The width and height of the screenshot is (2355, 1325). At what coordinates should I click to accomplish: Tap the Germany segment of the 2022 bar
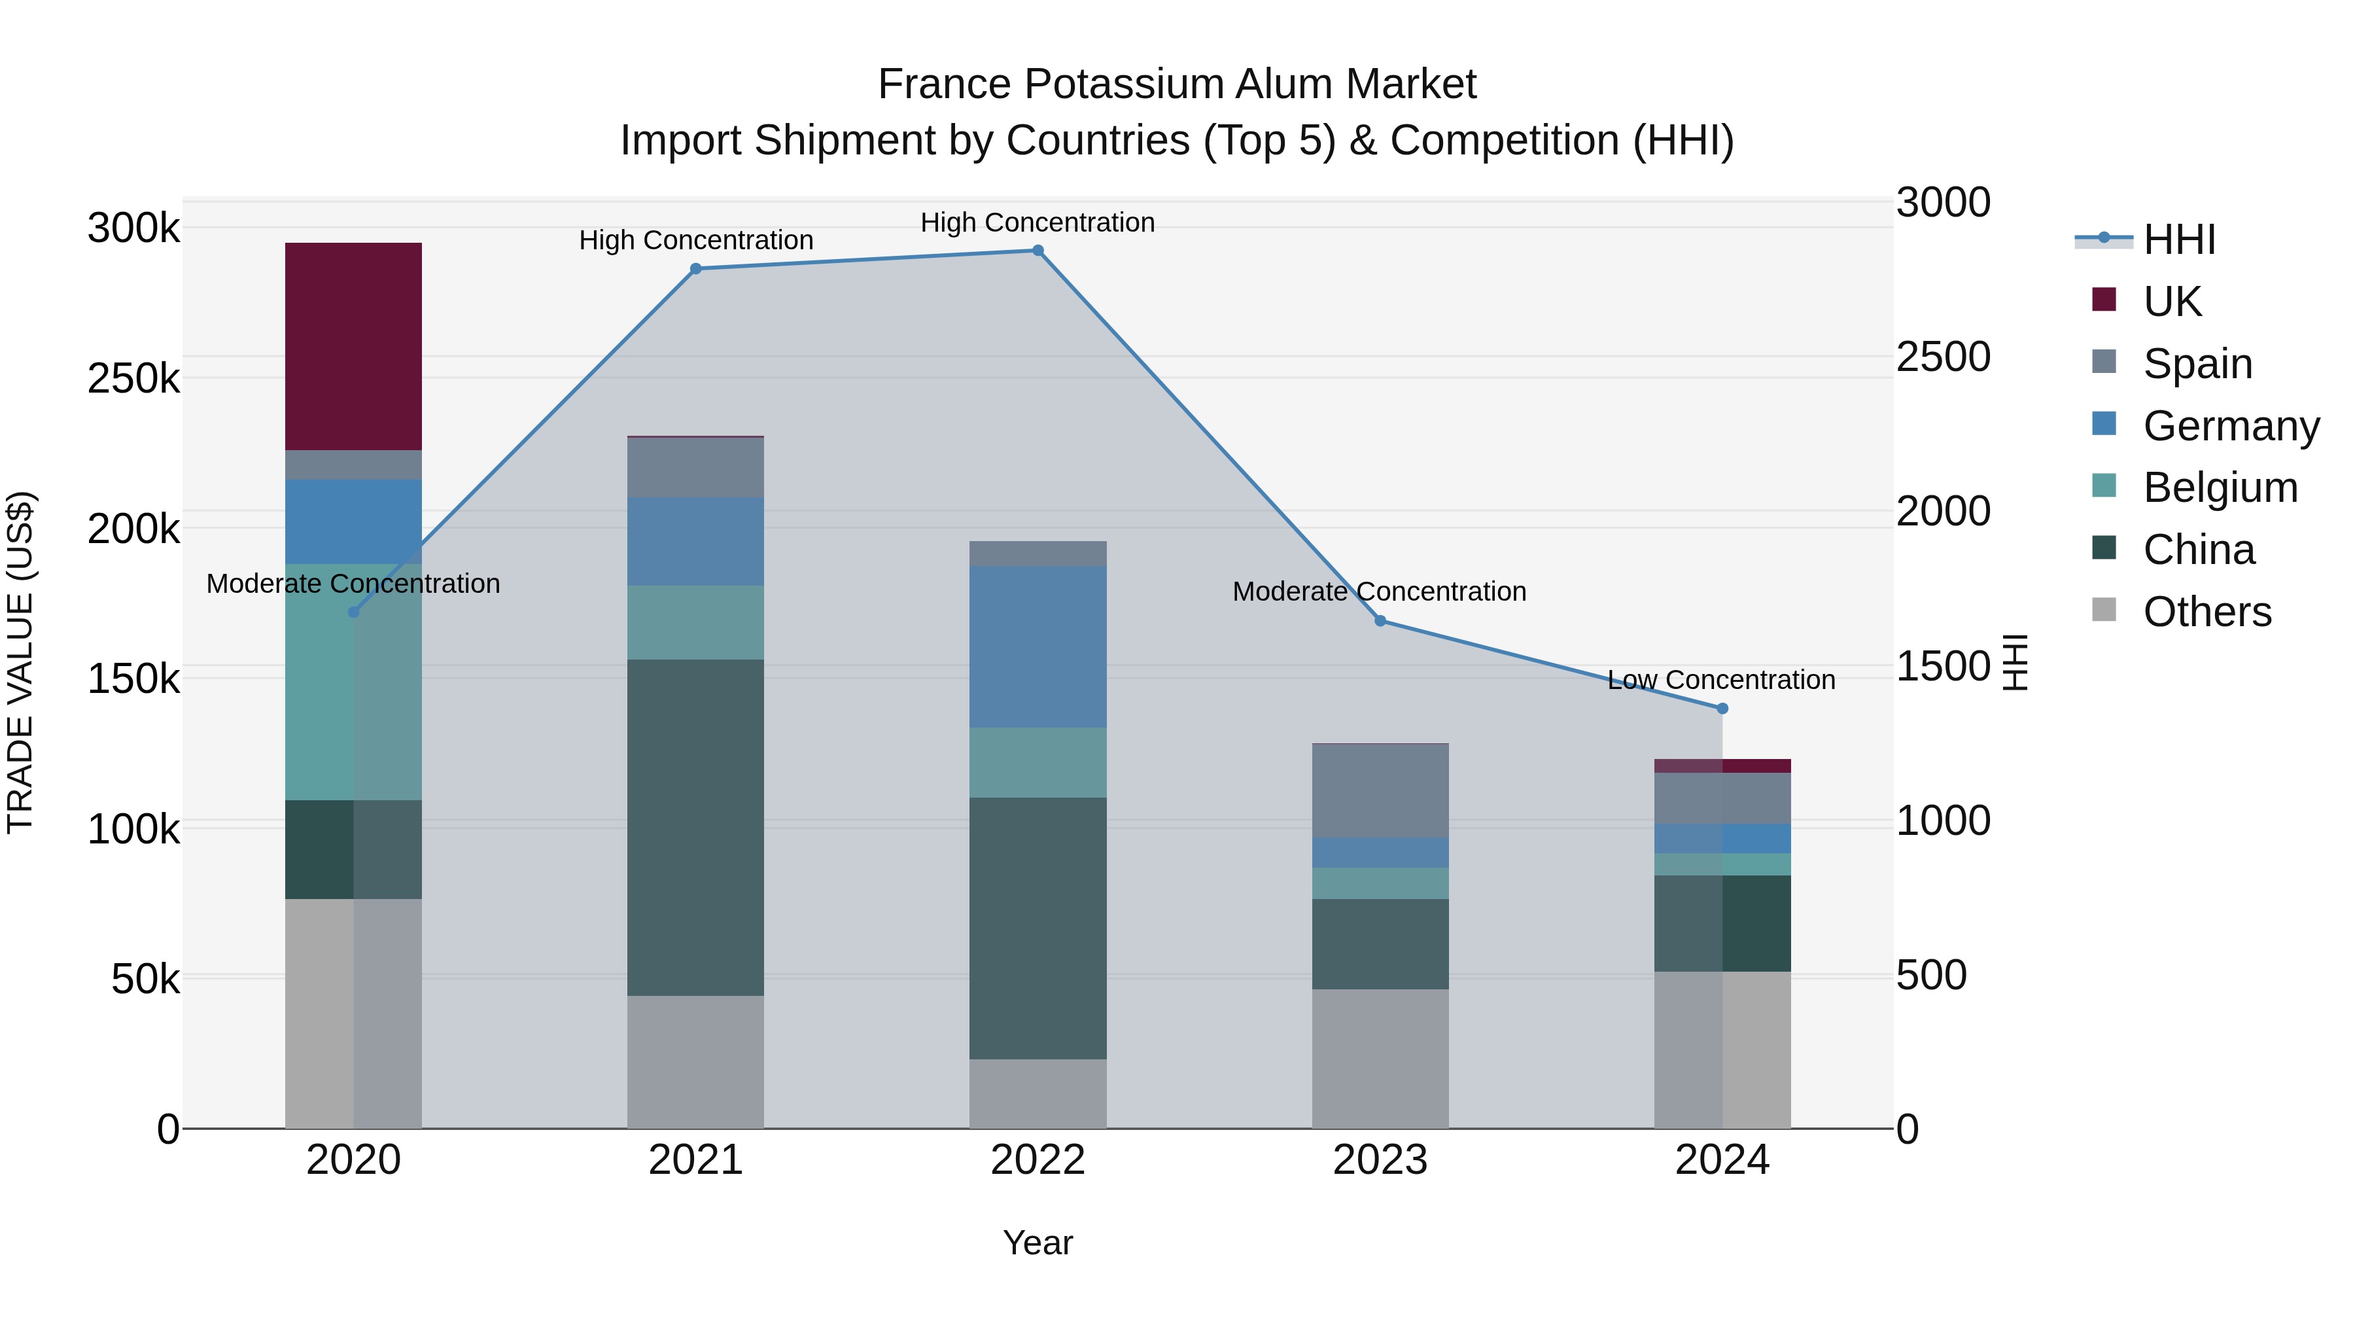pos(1038,646)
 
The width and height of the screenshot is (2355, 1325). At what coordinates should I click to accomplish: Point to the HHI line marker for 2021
pos(696,269)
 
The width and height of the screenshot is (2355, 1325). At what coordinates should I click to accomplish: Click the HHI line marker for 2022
pos(1038,251)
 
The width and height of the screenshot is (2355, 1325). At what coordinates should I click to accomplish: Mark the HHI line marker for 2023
pos(1380,621)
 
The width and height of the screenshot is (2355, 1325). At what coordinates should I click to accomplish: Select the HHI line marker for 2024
pos(1722,709)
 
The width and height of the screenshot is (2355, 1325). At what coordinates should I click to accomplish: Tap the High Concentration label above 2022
pos(1038,222)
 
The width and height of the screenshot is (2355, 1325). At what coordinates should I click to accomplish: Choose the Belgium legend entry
pos(2220,487)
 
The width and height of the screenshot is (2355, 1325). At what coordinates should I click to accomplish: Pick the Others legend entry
pos(2207,612)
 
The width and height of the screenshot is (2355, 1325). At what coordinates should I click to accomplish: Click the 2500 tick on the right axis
pos(1943,357)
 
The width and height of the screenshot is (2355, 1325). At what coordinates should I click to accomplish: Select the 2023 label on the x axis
pos(1380,1160)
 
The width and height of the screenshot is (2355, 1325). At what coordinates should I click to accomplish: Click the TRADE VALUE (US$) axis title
pos(20,663)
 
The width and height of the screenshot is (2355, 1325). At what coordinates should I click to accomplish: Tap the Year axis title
pos(1038,1243)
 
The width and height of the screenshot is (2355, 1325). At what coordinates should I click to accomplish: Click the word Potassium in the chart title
pos(1177,84)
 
